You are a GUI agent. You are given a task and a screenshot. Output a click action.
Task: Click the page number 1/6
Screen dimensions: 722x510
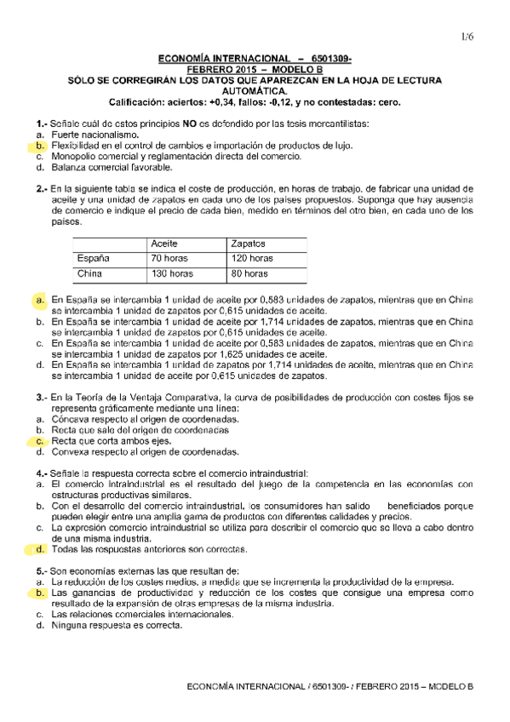467,36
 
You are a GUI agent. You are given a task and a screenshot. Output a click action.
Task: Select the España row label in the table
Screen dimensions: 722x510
94,258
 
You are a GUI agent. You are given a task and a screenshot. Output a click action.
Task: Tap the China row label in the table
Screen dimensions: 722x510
89,274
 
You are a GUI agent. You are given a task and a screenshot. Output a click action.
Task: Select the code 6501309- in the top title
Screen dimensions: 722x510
329,58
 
